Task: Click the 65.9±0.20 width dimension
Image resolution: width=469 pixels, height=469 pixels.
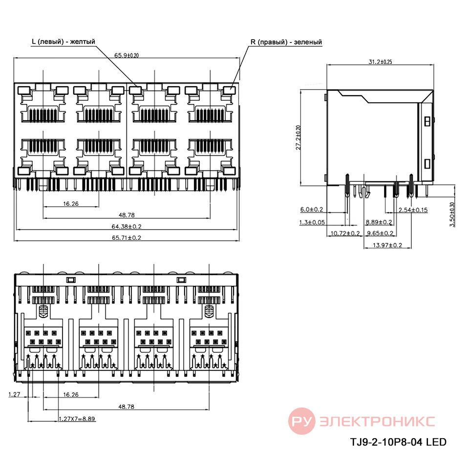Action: click(127, 55)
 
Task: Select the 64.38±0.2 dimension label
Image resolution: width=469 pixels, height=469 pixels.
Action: click(126, 226)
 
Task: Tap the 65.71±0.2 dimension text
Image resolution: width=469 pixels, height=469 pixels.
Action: click(126, 238)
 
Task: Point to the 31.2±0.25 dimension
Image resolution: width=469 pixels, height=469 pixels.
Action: click(380, 62)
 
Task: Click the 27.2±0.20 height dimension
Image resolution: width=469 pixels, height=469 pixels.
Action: click(298, 138)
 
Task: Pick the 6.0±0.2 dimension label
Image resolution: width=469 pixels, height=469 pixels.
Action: click(312, 210)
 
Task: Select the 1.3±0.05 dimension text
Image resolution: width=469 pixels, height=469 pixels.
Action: click(312, 222)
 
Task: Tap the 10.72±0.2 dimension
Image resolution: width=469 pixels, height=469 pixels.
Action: click(345, 234)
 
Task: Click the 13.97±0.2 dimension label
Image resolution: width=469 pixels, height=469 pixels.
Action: click(387, 245)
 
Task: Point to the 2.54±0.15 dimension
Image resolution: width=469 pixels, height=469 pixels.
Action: click(413, 210)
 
